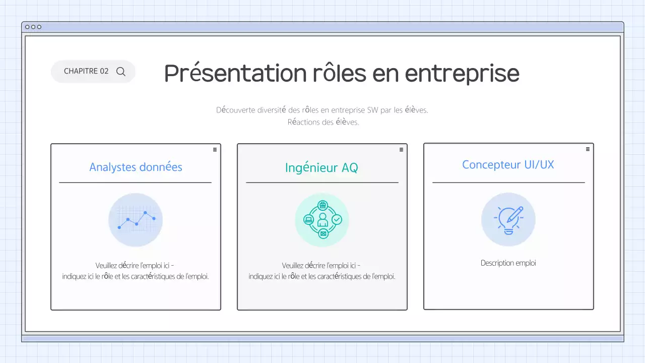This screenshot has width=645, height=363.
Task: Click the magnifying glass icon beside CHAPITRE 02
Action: (121, 72)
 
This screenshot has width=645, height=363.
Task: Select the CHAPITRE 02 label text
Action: (86, 71)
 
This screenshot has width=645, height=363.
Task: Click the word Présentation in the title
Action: (235, 74)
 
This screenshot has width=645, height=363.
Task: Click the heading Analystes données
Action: (136, 167)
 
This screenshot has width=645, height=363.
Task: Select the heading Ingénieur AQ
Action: (321, 167)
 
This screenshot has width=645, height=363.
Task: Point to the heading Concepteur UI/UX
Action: (508, 165)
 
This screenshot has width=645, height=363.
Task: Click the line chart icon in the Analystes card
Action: (136, 220)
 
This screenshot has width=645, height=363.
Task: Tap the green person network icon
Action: (322, 220)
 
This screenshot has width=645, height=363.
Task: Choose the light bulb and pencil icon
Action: (508, 219)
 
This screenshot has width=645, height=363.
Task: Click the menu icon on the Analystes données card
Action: (215, 149)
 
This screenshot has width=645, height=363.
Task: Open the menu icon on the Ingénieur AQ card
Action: (401, 149)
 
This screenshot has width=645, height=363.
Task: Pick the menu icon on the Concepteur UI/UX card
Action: (588, 149)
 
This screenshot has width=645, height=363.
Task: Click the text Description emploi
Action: (508, 263)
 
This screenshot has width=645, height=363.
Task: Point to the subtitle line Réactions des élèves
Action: (323, 122)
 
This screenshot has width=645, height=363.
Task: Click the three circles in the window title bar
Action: (33, 27)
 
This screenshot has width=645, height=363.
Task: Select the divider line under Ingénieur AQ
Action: (322, 183)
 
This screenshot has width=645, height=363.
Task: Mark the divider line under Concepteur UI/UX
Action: (508, 183)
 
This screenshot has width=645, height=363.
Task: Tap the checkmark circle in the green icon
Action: (337, 220)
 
